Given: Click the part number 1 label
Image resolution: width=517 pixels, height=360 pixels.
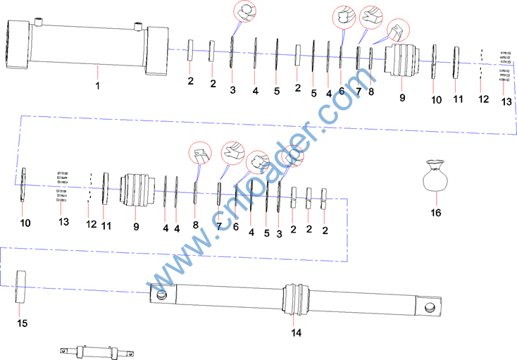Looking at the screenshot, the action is coord(98,86).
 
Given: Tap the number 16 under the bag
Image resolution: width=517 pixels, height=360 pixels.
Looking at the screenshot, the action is coord(436,213).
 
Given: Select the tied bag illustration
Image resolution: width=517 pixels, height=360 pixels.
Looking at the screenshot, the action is coord(435,175).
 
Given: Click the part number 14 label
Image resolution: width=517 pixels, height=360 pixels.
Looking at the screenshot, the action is coord(296,333).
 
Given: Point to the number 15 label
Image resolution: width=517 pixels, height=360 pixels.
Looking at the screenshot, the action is coord(22,323).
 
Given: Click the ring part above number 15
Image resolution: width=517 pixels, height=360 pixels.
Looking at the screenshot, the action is coord(20,287).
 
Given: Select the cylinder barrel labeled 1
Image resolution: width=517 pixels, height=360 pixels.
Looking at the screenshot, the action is coord(87,46).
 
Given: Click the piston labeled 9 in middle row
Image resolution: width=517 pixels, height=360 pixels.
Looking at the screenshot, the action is coord(137,190).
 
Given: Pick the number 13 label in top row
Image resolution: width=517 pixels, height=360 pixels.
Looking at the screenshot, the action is coord(506,101).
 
